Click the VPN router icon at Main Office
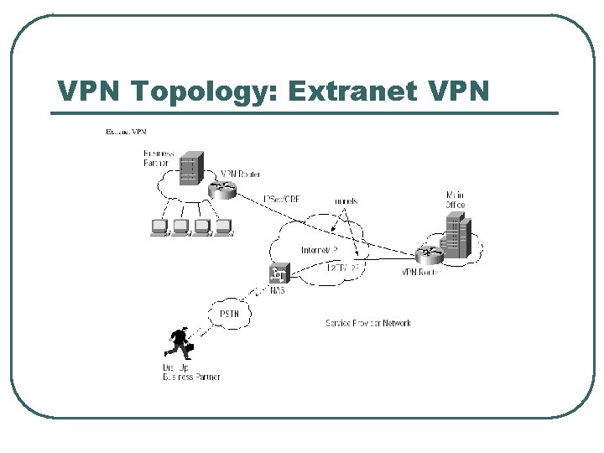[x=430, y=253]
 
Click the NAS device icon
[x=279, y=273]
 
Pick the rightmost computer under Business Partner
[x=222, y=227]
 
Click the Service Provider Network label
[x=368, y=323]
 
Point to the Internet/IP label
[x=319, y=250]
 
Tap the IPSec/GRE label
[x=282, y=199]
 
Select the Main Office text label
[x=455, y=200]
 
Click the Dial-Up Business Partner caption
[x=190, y=372]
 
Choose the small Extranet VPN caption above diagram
[x=126, y=132]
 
